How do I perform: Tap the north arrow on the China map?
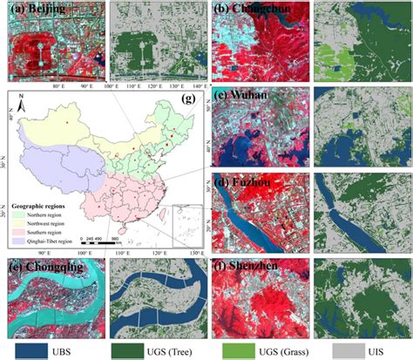[x=18, y=108]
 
